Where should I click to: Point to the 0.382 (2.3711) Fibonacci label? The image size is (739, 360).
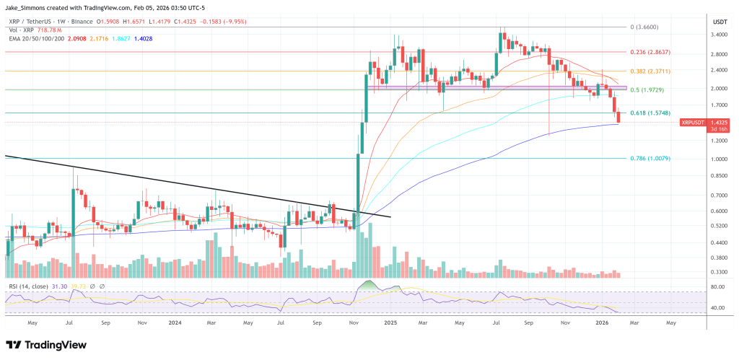pyautogui.click(x=652, y=71)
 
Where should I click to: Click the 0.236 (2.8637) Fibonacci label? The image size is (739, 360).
pyautogui.click(x=652, y=52)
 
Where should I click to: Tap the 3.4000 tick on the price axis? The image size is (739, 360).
pyautogui.click(x=719, y=34)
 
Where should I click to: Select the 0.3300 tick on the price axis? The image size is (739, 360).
pyautogui.click(x=719, y=272)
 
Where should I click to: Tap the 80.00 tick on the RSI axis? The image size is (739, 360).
pyautogui.click(x=717, y=287)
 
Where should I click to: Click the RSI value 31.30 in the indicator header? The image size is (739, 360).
pyautogui.click(x=59, y=286)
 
